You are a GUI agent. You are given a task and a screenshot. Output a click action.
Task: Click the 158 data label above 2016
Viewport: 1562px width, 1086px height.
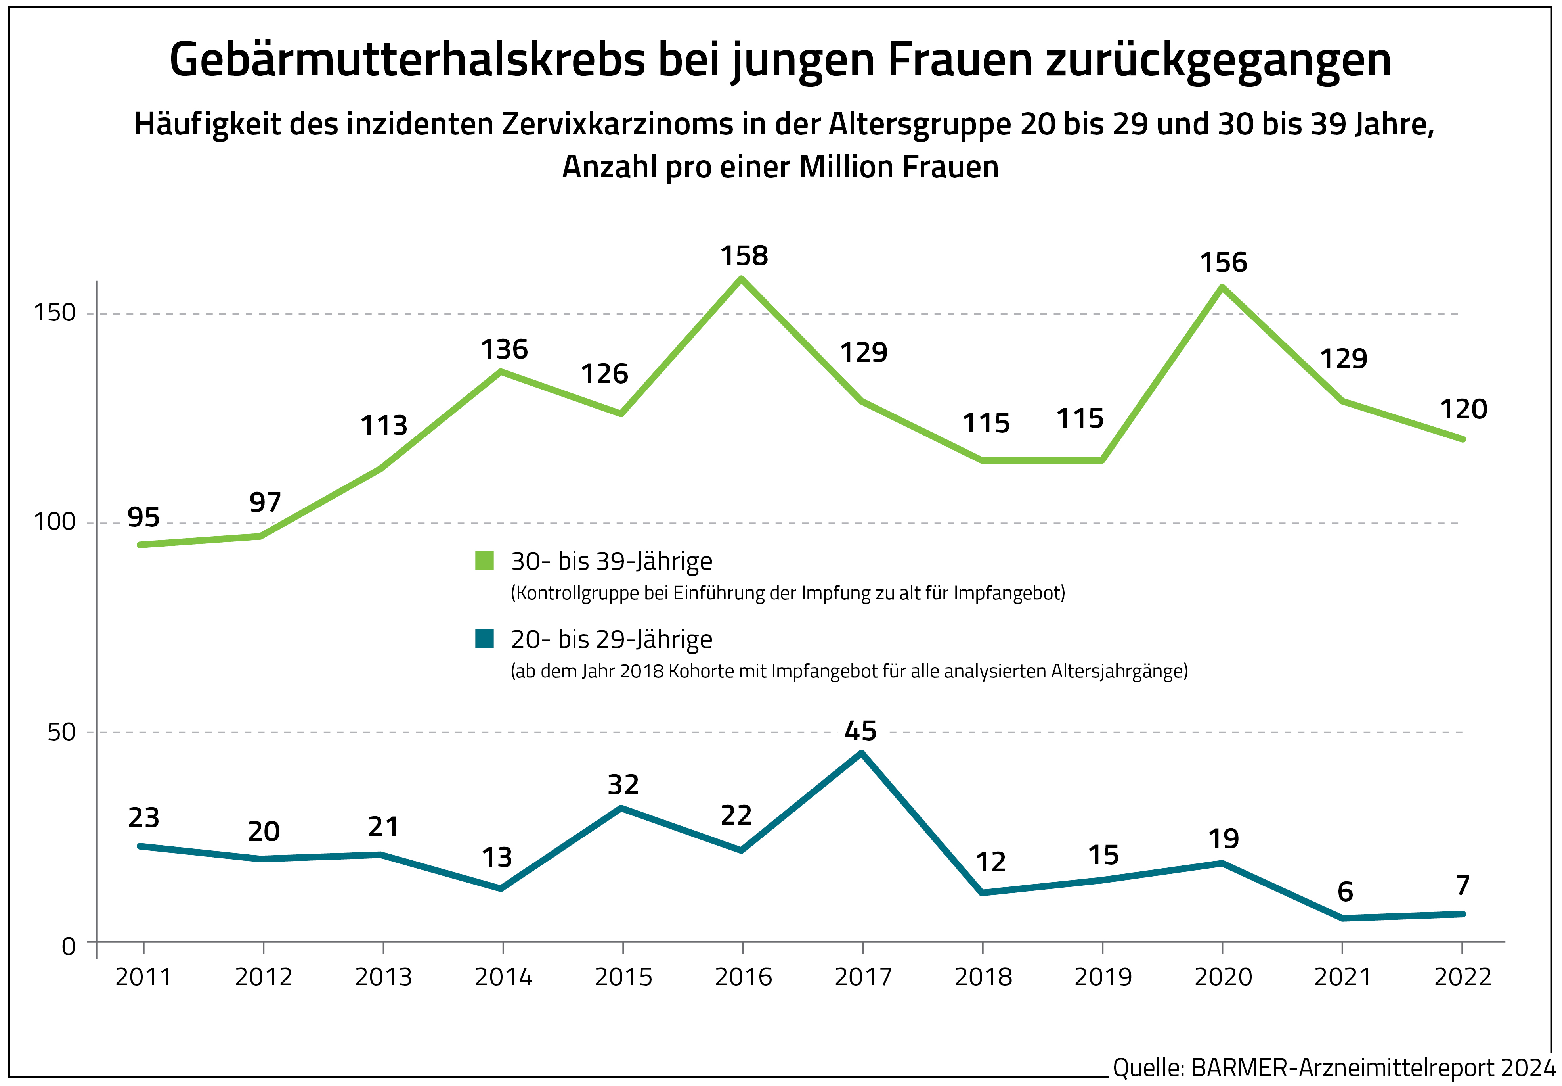coord(744,256)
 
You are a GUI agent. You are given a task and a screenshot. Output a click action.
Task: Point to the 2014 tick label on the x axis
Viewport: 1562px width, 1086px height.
coord(503,977)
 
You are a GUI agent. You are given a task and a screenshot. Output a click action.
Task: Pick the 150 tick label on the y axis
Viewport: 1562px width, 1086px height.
coord(54,313)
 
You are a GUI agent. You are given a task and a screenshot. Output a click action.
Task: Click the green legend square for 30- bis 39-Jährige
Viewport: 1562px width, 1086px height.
coord(484,561)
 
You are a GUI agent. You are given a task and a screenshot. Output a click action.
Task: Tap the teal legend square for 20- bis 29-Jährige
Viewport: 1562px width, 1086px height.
coord(484,639)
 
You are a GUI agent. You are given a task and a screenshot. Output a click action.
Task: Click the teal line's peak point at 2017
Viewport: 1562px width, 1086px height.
coord(862,752)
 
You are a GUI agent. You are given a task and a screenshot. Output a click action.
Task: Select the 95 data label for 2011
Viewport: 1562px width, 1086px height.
coord(143,518)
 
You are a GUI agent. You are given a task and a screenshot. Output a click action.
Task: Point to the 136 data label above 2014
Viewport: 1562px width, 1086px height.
coord(504,350)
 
